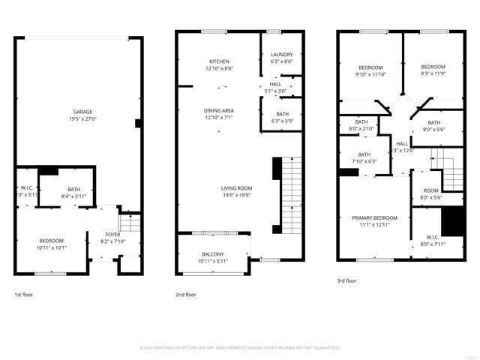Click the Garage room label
click(x=77, y=112)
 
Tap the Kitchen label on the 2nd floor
click(x=219, y=61)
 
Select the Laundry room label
click(x=282, y=55)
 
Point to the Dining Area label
click(x=219, y=110)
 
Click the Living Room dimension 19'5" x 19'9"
click(x=236, y=195)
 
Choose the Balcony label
click(x=212, y=254)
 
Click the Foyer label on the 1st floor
click(x=112, y=235)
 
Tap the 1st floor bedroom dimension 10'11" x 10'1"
click(x=52, y=247)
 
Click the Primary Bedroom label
click(x=374, y=217)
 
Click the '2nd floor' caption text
click(x=185, y=295)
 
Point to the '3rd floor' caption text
click(x=346, y=281)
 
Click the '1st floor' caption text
click(x=23, y=295)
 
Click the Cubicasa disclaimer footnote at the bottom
click(x=240, y=348)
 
